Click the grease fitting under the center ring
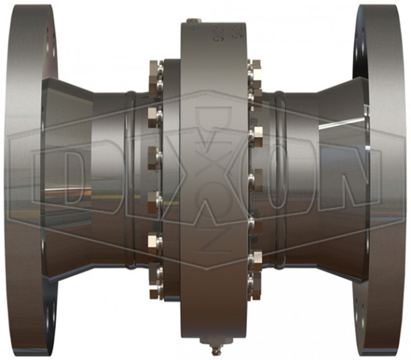click(214, 351)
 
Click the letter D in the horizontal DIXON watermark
click(57, 178)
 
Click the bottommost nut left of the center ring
click(155, 289)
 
